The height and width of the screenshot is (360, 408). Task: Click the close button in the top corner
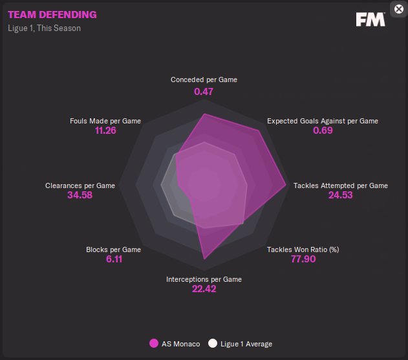pos(398,9)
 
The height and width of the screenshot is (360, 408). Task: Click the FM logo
pos(370,19)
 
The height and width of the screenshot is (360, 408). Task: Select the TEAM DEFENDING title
pos(52,14)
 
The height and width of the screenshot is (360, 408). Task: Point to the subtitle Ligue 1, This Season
pos(45,28)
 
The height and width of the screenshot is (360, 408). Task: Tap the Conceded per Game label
pos(204,80)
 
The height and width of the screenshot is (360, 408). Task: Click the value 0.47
pos(204,92)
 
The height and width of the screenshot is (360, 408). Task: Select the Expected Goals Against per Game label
pos(323,121)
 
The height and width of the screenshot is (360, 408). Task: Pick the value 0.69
pos(323,131)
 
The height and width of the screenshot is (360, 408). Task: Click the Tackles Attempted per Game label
pos(341,185)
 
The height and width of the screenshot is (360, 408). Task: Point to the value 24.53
pos(341,195)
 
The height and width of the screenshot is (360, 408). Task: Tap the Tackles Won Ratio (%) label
pos(303,249)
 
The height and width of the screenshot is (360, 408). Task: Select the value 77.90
pos(303,259)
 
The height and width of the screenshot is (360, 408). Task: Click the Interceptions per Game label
pos(204,279)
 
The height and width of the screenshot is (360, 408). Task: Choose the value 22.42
pos(204,289)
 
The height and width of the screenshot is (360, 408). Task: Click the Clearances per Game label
pos(80,185)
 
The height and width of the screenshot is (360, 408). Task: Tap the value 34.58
pos(80,195)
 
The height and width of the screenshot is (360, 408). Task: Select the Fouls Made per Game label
pos(105,121)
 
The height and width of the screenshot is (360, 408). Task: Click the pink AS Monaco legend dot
pos(154,344)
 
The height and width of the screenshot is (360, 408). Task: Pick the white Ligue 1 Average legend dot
pos(213,344)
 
